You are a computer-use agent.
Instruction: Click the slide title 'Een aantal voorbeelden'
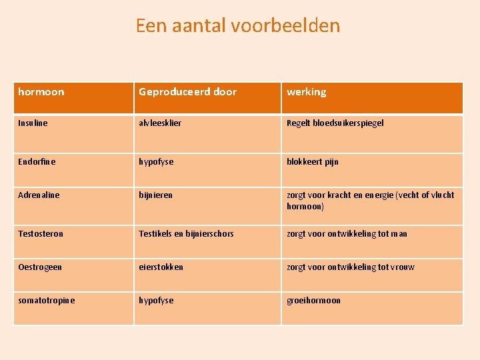pyautogui.click(x=237, y=25)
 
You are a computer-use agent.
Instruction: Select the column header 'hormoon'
pyautogui.click(x=41, y=92)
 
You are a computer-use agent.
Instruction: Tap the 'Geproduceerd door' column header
pyautogui.click(x=187, y=92)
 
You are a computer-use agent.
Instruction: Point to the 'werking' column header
pyautogui.click(x=307, y=92)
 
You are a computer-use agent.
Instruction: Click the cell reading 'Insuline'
pyautogui.click(x=33, y=123)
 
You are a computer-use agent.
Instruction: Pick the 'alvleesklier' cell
pyautogui.click(x=160, y=123)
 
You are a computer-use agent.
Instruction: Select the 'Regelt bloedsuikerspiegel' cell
pyautogui.click(x=335, y=123)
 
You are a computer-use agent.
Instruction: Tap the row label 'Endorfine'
pyautogui.click(x=37, y=162)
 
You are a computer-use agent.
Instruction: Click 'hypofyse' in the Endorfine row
pyautogui.click(x=156, y=162)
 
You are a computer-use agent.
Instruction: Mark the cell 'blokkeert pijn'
pyautogui.click(x=313, y=162)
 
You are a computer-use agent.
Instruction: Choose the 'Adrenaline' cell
pyautogui.click(x=39, y=195)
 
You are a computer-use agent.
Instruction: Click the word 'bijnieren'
pyautogui.click(x=155, y=195)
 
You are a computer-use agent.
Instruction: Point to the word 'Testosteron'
pyautogui.click(x=41, y=234)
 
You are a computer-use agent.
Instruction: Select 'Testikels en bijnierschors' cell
pyautogui.click(x=186, y=234)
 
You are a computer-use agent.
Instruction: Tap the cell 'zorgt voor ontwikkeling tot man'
pyautogui.click(x=347, y=234)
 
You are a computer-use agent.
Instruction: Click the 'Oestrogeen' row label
pyautogui.click(x=40, y=267)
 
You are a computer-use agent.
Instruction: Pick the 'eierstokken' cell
pyautogui.click(x=161, y=267)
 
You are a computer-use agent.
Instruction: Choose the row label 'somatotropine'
pyautogui.click(x=47, y=301)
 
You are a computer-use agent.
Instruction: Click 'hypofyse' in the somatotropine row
pyautogui.click(x=156, y=301)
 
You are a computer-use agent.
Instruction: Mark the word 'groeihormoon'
pyautogui.click(x=313, y=301)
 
